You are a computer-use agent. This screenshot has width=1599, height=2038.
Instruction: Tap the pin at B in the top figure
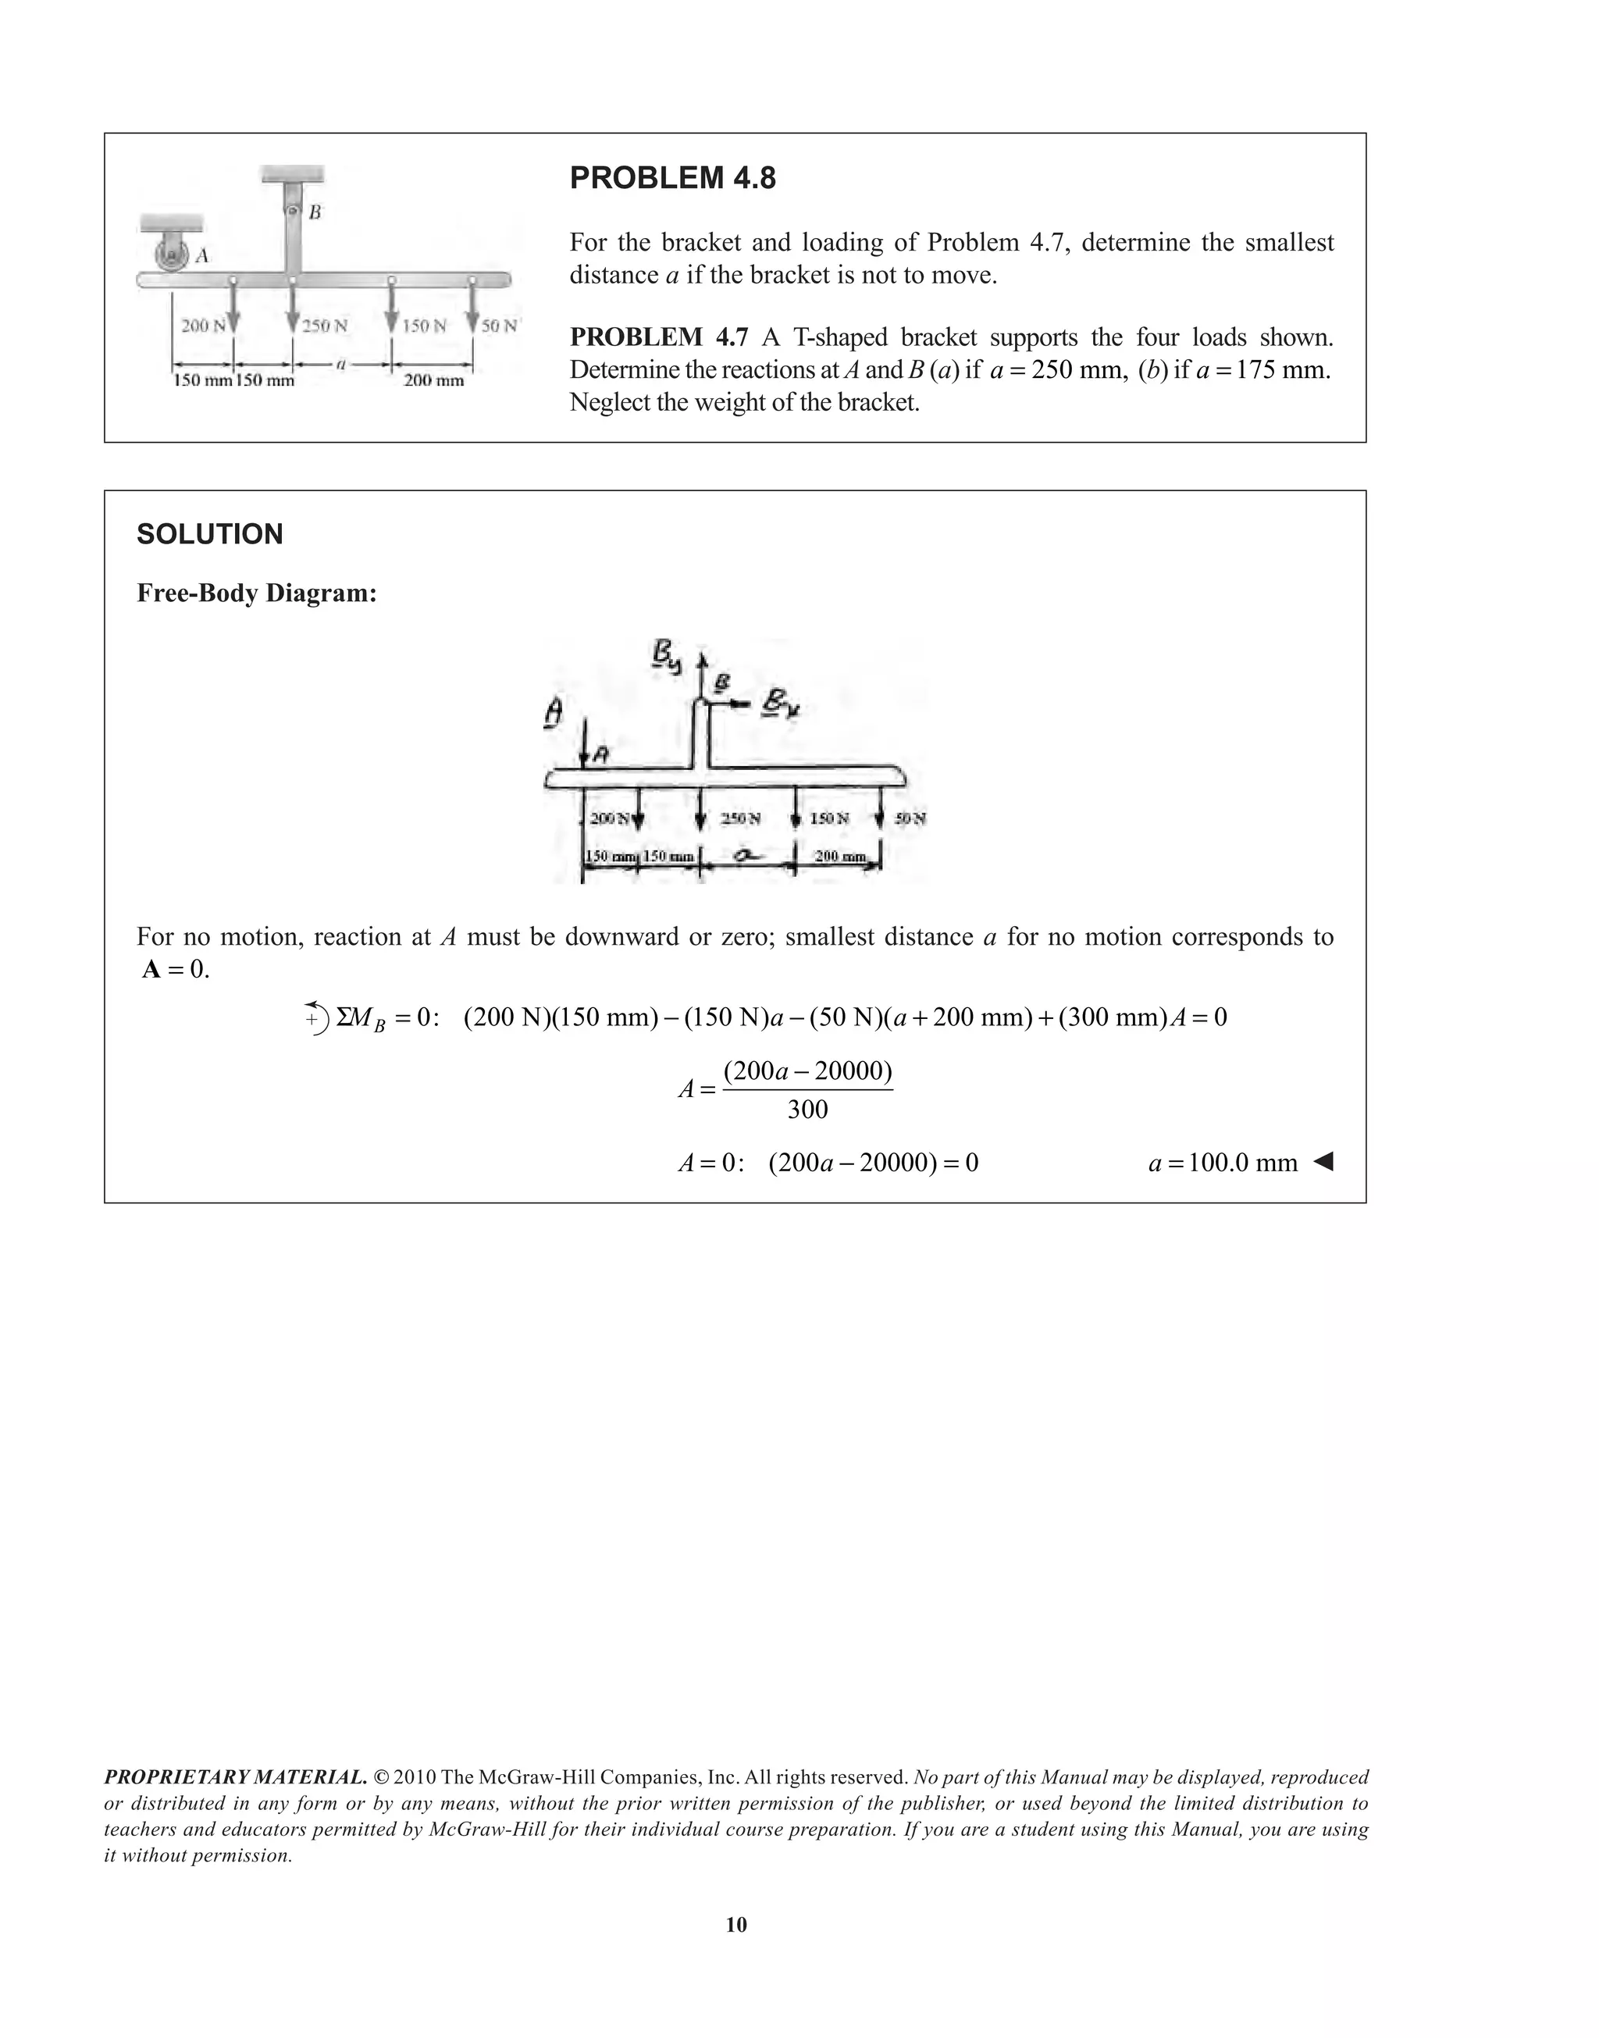pos(292,212)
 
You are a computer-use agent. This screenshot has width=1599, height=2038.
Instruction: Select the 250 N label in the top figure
pos(325,326)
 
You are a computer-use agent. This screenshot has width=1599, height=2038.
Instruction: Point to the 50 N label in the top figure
pos(499,326)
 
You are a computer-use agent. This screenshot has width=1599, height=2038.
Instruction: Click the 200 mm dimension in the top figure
pos(433,380)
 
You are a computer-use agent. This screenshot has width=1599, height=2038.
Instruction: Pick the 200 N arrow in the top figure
pos(233,305)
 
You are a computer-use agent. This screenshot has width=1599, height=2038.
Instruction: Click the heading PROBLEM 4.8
pos(672,178)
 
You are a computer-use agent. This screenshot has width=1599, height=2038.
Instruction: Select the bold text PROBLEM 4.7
pos(659,337)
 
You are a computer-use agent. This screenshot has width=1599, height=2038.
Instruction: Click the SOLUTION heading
pos(210,535)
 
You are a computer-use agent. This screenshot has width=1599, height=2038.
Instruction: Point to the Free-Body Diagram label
pos(257,593)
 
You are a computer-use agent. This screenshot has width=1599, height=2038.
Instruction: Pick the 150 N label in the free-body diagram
pos(829,818)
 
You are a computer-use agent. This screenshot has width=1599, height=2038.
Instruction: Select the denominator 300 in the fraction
pos(807,1110)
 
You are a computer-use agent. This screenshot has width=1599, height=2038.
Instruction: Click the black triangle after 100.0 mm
pos(1322,1163)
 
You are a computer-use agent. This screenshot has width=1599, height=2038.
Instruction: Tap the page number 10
pos(737,1925)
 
